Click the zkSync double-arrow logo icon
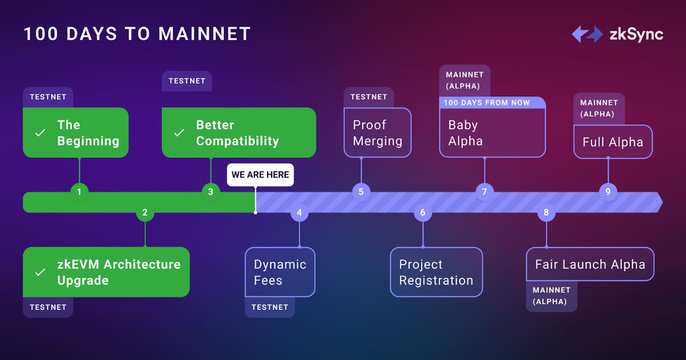point(588,34)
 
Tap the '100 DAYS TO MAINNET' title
point(138,34)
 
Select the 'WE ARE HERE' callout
point(260,175)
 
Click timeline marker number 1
point(79,192)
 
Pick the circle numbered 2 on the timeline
point(145,213)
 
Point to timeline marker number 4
point(299,213)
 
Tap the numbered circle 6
point(423,213)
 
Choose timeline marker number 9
point(608,192)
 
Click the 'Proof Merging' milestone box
point(378,133)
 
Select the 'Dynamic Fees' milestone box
point(280,272)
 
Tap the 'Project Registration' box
point(437,272)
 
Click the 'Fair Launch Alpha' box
point(590,264)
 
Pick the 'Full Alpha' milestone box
point(613,142)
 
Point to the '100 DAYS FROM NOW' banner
point(492,102)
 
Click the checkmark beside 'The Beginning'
point(40,133)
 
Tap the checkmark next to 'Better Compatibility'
point(179,133)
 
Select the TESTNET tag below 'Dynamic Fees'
point(270,308)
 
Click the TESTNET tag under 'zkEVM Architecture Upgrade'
point(48,308)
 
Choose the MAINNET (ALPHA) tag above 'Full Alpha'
point(599,108)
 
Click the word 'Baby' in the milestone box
point(463,125)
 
